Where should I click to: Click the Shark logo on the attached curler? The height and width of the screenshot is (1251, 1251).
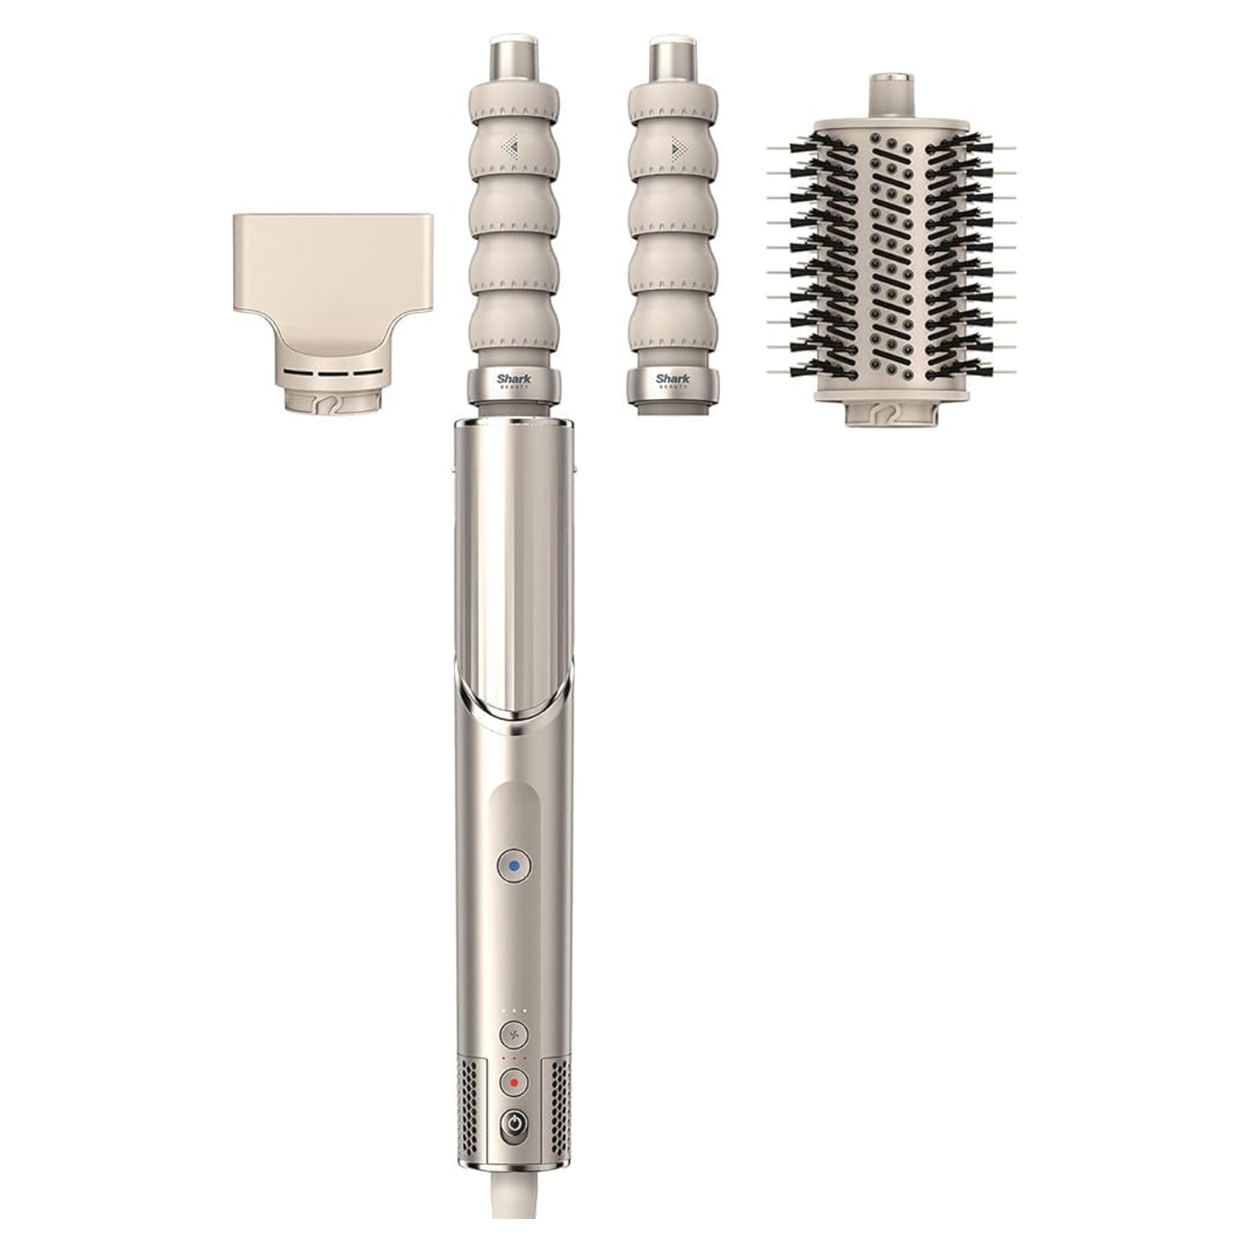pyautogui.click(x=514, y=380)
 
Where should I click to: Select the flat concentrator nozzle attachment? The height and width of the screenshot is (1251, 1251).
pyautogui.click(x=331, y=266)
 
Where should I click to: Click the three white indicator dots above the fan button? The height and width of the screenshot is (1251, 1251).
pyautogui.click(x=514, y=1011)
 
